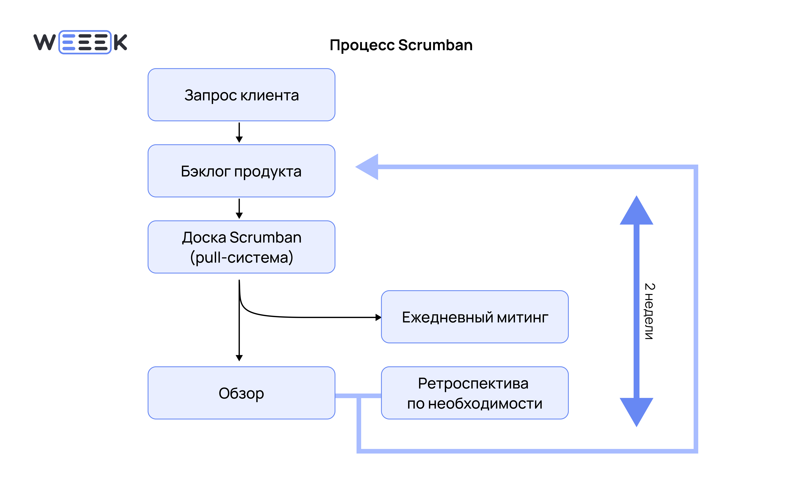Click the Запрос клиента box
pyautogui.click(x=241, y=95)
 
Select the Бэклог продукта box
pyautogui.click(x=241, y=171)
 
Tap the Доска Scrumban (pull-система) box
pyautogui.click(x=241, y=247)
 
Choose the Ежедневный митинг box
pyautogui.click(x=474, y=317)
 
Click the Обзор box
pyautogui.click(x=241, y=393)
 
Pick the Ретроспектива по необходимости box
pyautogui.click(x=474, y=393)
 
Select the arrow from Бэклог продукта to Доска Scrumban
pyautogui.click(x=239, y=208)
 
